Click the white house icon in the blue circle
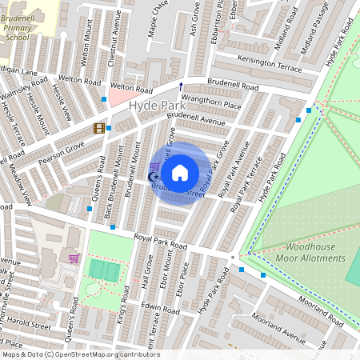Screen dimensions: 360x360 (x=180, y=172)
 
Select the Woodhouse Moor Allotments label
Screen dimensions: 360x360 (x=310, y=252)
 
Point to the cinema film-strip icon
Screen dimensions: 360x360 (x=98, y=127)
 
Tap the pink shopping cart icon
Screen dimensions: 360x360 (x=74, y=258)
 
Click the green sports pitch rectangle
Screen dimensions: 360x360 (x=103, y=270)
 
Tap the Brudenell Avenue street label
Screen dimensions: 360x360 (x=197, y=122)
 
